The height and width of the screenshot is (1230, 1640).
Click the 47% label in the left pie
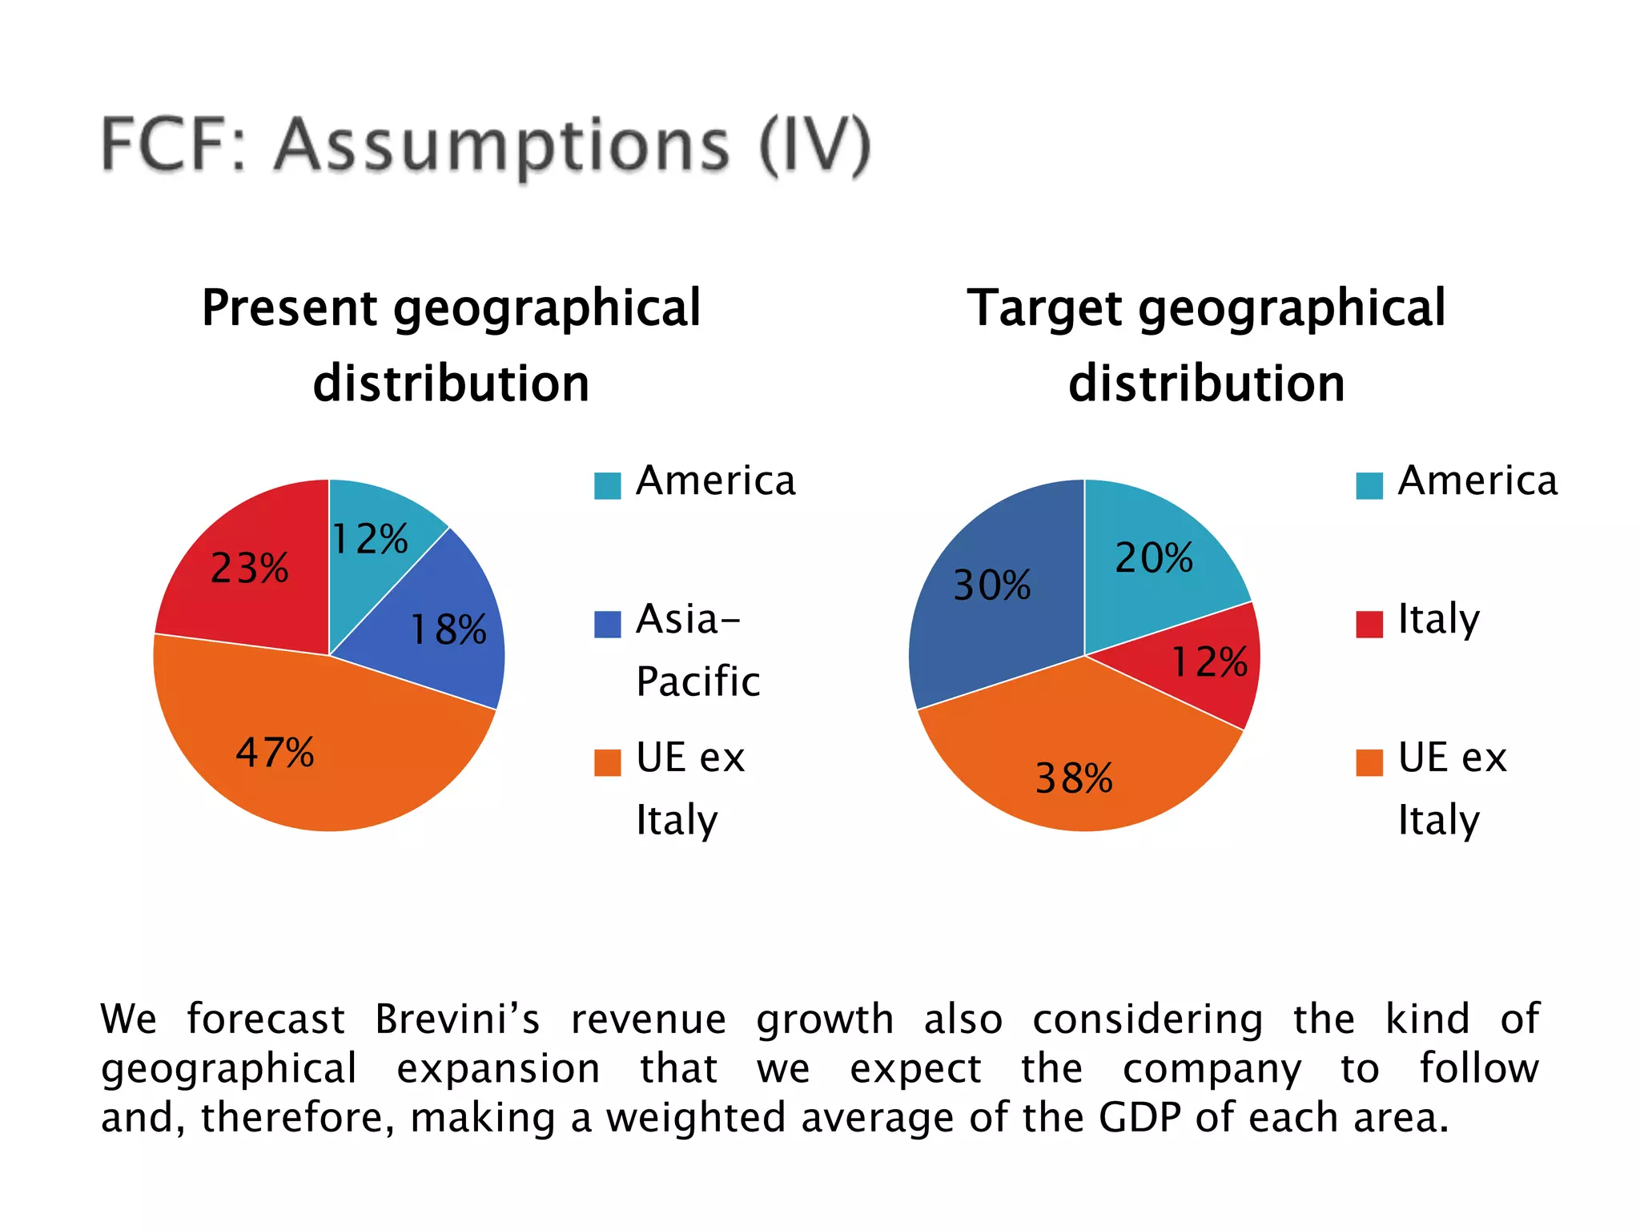click(275, 753)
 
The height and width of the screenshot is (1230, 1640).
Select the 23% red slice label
click(249, 569)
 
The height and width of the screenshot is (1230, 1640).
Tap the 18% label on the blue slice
click(448, 629)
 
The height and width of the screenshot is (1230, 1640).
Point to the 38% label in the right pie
click(1074, 778)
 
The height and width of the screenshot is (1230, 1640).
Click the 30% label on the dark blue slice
click(991, 585)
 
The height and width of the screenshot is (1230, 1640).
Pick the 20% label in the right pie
click(1154, 558)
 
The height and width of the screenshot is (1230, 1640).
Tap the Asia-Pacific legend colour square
click(607, 624)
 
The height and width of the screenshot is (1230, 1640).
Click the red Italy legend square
click(1369, 624)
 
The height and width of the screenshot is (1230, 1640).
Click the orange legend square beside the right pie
click(1369, 762)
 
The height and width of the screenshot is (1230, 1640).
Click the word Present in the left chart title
click(289, 308)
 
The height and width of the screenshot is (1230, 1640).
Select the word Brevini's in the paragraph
click(457, 1019)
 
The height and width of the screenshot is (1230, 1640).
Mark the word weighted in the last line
click(695, 1117)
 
